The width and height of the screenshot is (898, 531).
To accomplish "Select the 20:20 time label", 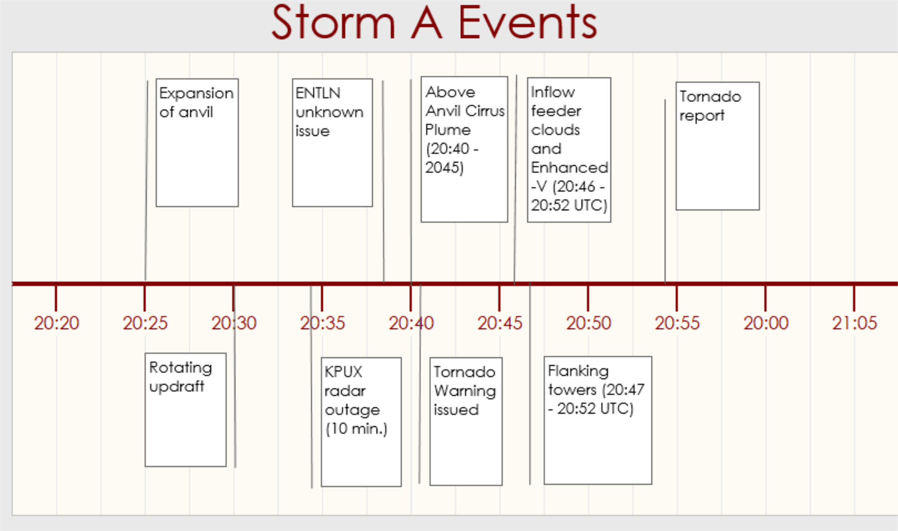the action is (x=57, y=323).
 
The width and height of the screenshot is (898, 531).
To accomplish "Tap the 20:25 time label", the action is (x=145, y=323).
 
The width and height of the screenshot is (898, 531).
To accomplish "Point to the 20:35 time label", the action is (x=322, y=323).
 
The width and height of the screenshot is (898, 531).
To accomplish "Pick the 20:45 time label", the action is (x=500, y=323).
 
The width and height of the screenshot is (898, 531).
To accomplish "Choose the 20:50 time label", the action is (x=588, y=323).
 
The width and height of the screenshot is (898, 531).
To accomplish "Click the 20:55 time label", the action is (x=677, y=323).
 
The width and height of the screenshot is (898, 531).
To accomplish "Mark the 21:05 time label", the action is (x=855, y=323).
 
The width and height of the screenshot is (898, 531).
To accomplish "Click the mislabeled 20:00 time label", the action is (x=766, y=323).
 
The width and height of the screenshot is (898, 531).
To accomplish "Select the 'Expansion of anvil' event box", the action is (x=197, y=142).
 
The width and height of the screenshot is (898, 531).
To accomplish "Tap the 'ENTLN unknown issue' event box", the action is (x=332, y=142).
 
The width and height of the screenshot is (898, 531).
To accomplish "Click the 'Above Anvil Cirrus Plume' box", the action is (x=464, y=149).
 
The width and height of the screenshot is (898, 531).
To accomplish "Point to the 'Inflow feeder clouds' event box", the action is (x=569, y=150).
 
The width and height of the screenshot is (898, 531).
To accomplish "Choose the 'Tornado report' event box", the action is (x=718, y=146).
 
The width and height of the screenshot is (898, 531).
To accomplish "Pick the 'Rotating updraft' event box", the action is (x=186, y=410).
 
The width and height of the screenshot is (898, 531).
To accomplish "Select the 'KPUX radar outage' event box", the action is (x=361, y=422).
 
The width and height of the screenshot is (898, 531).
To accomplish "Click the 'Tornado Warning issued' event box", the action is (x=466, y=421).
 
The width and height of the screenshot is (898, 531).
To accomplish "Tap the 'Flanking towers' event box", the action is (x=598, y=420).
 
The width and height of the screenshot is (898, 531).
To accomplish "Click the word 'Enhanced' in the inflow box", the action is (x=570, y=167).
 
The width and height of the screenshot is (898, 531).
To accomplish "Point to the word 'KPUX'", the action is (x=343, y=372).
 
